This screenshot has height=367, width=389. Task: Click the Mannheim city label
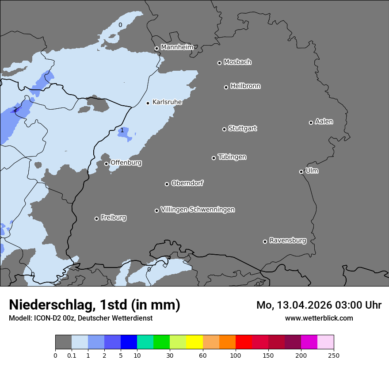177,47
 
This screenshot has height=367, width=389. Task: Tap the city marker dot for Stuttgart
224,129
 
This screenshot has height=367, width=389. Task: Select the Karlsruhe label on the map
167,102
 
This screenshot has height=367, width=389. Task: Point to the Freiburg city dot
96,218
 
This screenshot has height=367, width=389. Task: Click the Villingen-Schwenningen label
198,210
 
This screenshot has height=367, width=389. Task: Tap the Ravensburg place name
287,241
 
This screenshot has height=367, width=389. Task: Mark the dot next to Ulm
301,172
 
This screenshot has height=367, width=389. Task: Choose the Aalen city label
324,122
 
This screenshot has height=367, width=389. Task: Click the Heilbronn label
245,86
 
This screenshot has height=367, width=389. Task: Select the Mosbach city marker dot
219,63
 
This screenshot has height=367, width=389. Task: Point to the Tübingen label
232,157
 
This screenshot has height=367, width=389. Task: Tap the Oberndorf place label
187,183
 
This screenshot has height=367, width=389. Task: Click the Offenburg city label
126,163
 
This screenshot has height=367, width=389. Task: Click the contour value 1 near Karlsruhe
122,130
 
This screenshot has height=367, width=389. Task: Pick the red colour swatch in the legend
244,342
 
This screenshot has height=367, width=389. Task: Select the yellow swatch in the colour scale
194,342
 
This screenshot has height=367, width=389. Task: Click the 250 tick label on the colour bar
334,355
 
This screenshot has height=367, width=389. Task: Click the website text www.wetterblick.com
319,318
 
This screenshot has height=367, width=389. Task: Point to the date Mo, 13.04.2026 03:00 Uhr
319,305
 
